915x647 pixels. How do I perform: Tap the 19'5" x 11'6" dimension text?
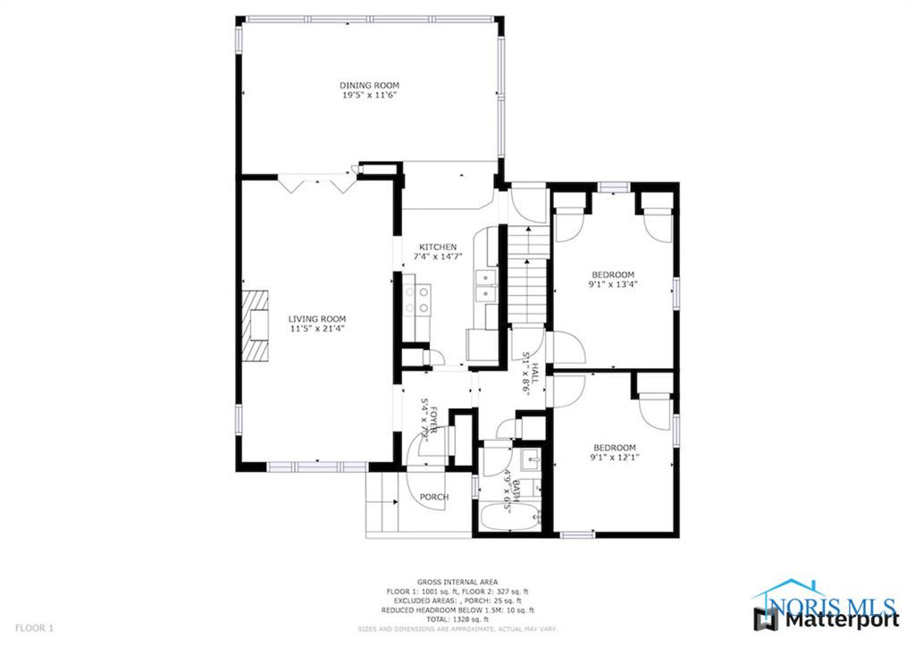tap(368, 95)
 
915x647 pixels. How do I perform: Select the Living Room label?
tap(316, 318)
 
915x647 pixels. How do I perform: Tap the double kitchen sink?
tap(485, 286)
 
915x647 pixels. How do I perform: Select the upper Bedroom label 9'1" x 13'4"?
tap(612, 274)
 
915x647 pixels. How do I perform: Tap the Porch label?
tap(433, 497)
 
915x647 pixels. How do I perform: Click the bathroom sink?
tap(529, 462)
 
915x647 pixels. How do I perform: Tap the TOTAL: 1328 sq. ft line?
tap(457, 619)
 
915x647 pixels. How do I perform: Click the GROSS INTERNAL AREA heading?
tap(457, 582)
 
